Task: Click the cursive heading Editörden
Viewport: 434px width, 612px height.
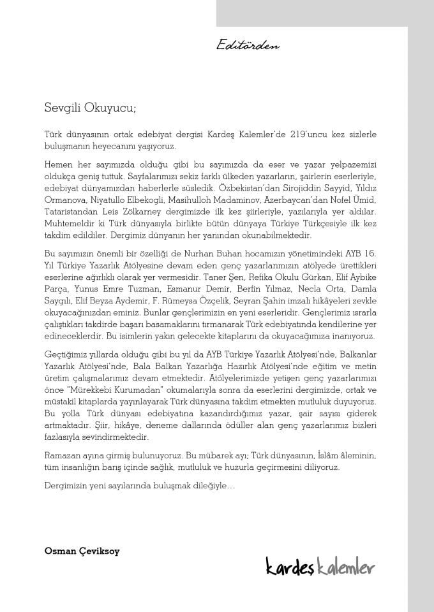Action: pyautogui.click(x=248, y=45)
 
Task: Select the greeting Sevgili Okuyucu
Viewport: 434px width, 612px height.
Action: pyautogui.click(x=90, y=108)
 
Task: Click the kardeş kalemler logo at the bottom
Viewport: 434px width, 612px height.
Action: pyautogui.click(x=321, y=566)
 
